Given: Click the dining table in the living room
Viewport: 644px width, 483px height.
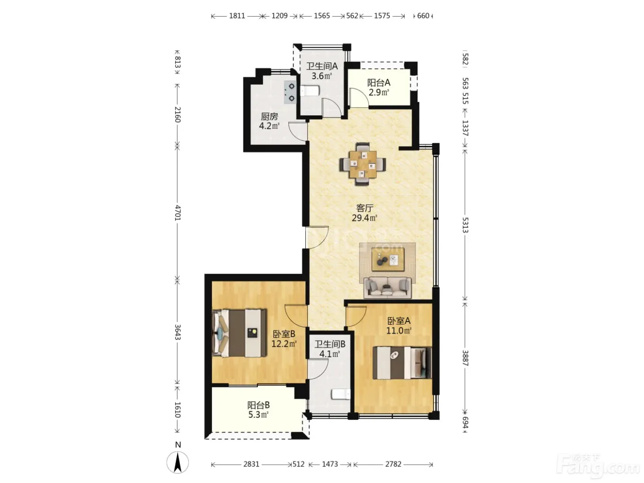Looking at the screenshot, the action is point(362,164).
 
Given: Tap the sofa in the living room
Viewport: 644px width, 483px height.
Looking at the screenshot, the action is point(388,287).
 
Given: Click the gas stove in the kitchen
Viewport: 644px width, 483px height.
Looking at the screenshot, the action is point(290,92).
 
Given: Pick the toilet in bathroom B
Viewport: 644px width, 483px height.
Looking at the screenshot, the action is point(341,394).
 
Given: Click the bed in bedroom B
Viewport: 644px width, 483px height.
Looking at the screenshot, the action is point(239,333).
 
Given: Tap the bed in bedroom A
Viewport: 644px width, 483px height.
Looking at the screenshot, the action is point(402,363).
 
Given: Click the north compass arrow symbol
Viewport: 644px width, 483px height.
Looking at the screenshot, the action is point(178,462).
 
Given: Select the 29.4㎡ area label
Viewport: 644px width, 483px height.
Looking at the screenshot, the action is point(364,218).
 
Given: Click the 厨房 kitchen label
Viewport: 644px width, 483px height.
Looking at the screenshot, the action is point(269,116).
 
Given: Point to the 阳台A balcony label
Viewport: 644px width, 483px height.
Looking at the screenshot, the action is point(379,83).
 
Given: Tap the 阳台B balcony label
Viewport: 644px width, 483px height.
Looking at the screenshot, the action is point(258,405).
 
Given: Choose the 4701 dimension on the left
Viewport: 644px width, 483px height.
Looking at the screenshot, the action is point(178,213).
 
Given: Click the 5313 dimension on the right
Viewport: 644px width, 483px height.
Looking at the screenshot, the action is point(466,225).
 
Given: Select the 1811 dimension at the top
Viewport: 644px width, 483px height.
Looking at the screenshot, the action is point(237,16).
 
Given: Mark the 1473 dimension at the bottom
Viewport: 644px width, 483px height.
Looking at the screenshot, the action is point(330,464).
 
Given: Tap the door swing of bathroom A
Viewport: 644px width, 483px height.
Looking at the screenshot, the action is point(331,108).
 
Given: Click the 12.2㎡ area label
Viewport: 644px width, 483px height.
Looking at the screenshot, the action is point(284,344).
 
